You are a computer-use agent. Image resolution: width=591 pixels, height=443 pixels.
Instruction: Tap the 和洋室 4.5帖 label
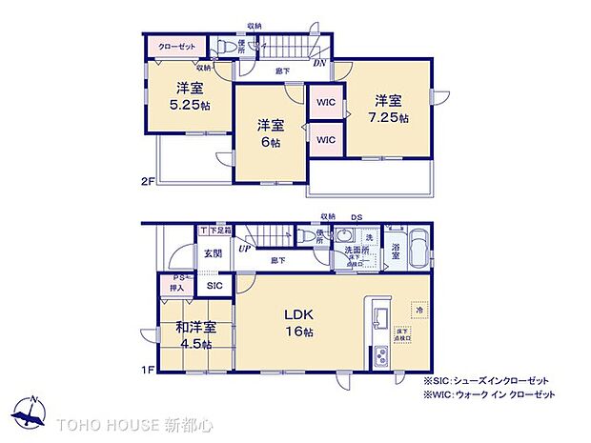pos(195,335)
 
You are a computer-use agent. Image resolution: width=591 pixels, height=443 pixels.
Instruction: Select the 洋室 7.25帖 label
pos(391,109)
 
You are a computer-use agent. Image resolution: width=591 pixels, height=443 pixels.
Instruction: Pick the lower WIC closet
pos(326,139)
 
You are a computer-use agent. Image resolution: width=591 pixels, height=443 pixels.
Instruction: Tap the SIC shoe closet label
pos(214,285)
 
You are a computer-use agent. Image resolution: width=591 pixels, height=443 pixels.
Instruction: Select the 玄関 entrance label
pos(213,253)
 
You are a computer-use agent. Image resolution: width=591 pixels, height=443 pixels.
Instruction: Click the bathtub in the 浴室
pos(418,251)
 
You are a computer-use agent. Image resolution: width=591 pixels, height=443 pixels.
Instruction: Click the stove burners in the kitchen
pos(379,356)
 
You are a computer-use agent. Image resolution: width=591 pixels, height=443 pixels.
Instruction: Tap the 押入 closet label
pos(178,286)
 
